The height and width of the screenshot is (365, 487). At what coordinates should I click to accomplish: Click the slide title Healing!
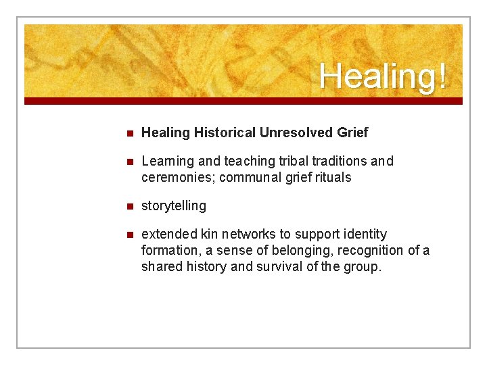tap(383, 76)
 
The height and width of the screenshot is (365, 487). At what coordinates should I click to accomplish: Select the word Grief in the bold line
tap(352, 133)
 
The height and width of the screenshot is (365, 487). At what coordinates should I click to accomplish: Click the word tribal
tap(285, 161)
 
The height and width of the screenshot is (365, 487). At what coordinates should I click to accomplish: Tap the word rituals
tap(330, 178)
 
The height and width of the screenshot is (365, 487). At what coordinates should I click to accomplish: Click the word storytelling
tap(174, 205)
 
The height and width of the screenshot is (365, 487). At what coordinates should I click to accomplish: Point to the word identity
tap(365, 234)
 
